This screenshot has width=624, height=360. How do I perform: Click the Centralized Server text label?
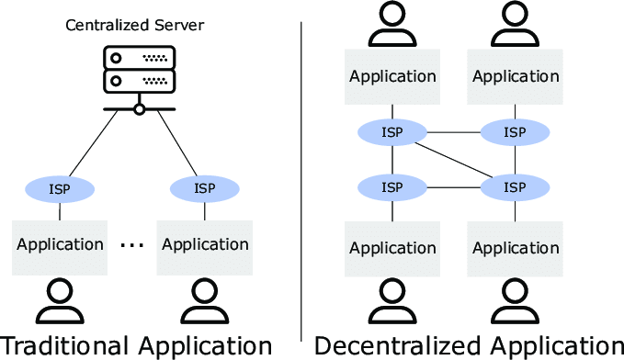(x=134, y=25)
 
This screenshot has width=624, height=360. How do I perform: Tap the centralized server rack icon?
(x=140, y=70)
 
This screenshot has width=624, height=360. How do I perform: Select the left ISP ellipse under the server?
(x=60, y=189)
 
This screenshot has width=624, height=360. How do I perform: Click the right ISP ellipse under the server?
(x=205, y=189)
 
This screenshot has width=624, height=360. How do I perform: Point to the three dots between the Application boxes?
(x=132, y=245)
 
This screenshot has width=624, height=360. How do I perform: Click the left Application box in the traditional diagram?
(x=60, y=247)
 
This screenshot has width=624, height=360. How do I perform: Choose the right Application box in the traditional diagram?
(x=205, y=247)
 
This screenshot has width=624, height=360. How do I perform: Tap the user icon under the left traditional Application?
(x=60, y=300)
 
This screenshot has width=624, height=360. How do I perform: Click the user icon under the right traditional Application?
(x=205, y=300)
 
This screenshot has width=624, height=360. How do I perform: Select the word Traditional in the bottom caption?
(x=64, y=345)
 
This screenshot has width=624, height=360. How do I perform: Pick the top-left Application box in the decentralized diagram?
(x=392, y=77)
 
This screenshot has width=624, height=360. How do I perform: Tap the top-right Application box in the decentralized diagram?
(x=515, y=77)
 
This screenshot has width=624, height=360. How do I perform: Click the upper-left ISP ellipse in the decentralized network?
(x=392, y=132)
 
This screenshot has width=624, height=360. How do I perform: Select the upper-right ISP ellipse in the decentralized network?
(x=515, y=132)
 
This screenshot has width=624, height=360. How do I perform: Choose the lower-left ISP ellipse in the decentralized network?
(x=392, y=187)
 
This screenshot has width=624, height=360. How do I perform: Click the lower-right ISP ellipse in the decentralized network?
(x=515, y=187)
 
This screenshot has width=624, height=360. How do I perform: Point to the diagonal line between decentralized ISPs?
(x=453, y=160)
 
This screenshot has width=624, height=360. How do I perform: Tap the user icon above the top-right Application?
(x=515, y=24)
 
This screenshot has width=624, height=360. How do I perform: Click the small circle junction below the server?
(x=140, y=109)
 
